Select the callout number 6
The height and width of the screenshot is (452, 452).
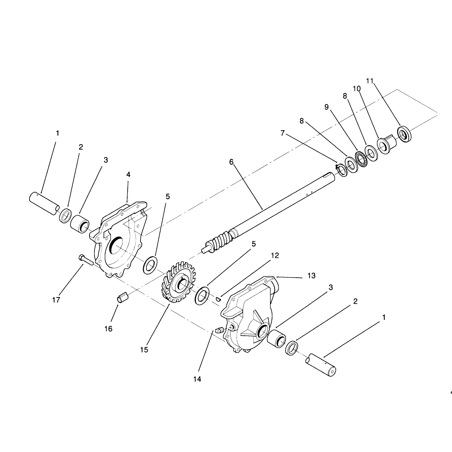(x=231, y=162)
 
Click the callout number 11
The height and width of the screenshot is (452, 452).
(x=370, y=81)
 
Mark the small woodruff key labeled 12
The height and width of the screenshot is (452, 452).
(x=218, y=299)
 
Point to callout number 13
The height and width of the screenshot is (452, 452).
(x=311, y=276)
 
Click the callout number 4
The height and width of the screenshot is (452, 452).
(x=128, y=174)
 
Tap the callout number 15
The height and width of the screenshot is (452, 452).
(x=144, y=350)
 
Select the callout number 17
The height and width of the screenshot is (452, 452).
(x=56, y=300)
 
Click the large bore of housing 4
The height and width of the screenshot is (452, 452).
(x=116, y=245)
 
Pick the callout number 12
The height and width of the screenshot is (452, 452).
(x=275, y=256)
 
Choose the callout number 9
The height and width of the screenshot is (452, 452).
(x=326, y=107)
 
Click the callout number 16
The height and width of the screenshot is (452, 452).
(x=108, y=329)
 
